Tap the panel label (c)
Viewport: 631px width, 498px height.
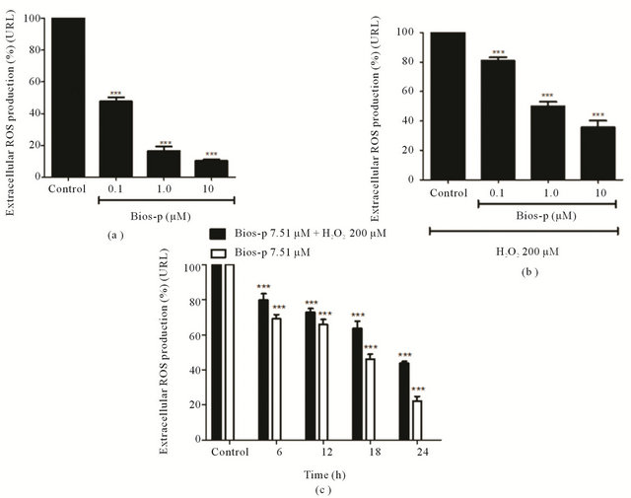[316, 488]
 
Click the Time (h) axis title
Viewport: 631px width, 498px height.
[316, 472]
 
